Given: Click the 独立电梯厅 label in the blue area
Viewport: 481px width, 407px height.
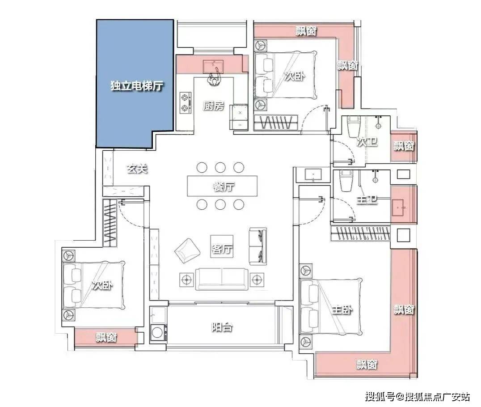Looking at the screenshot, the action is tap(136, 85).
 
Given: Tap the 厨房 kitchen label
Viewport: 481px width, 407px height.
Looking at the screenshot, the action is tap(214, 106).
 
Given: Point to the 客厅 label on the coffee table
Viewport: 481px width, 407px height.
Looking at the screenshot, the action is tap(222, 248).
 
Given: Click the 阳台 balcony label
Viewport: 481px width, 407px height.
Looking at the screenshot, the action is tap(222, 327).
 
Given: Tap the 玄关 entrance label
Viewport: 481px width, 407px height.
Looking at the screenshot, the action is tap(137, 169).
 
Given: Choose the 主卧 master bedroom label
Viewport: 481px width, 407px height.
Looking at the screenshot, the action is tap(342, 310).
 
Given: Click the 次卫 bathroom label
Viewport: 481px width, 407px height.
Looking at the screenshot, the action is tap(367, 142).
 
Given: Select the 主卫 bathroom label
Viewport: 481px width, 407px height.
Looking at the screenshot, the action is tap(367, 200).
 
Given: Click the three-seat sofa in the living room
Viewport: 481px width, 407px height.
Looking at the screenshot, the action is tap(222, 279).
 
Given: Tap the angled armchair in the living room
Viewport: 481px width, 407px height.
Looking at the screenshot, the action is tap(187, 250).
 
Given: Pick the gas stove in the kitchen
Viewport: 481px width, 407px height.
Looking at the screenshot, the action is tap(185, 103).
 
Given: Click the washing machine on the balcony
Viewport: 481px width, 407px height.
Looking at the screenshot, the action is tap(158, 333).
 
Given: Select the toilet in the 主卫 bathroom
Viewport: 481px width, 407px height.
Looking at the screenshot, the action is tap(346, 181).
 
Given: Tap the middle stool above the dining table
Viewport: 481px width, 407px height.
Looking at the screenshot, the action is tap(220, 168).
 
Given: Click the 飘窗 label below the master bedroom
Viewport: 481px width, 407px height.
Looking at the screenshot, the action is tap(367, 365).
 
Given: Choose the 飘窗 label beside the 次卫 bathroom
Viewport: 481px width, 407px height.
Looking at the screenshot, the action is tap(404, 145).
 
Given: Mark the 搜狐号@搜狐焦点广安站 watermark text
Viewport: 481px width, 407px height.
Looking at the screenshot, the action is tap(417, 397).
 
